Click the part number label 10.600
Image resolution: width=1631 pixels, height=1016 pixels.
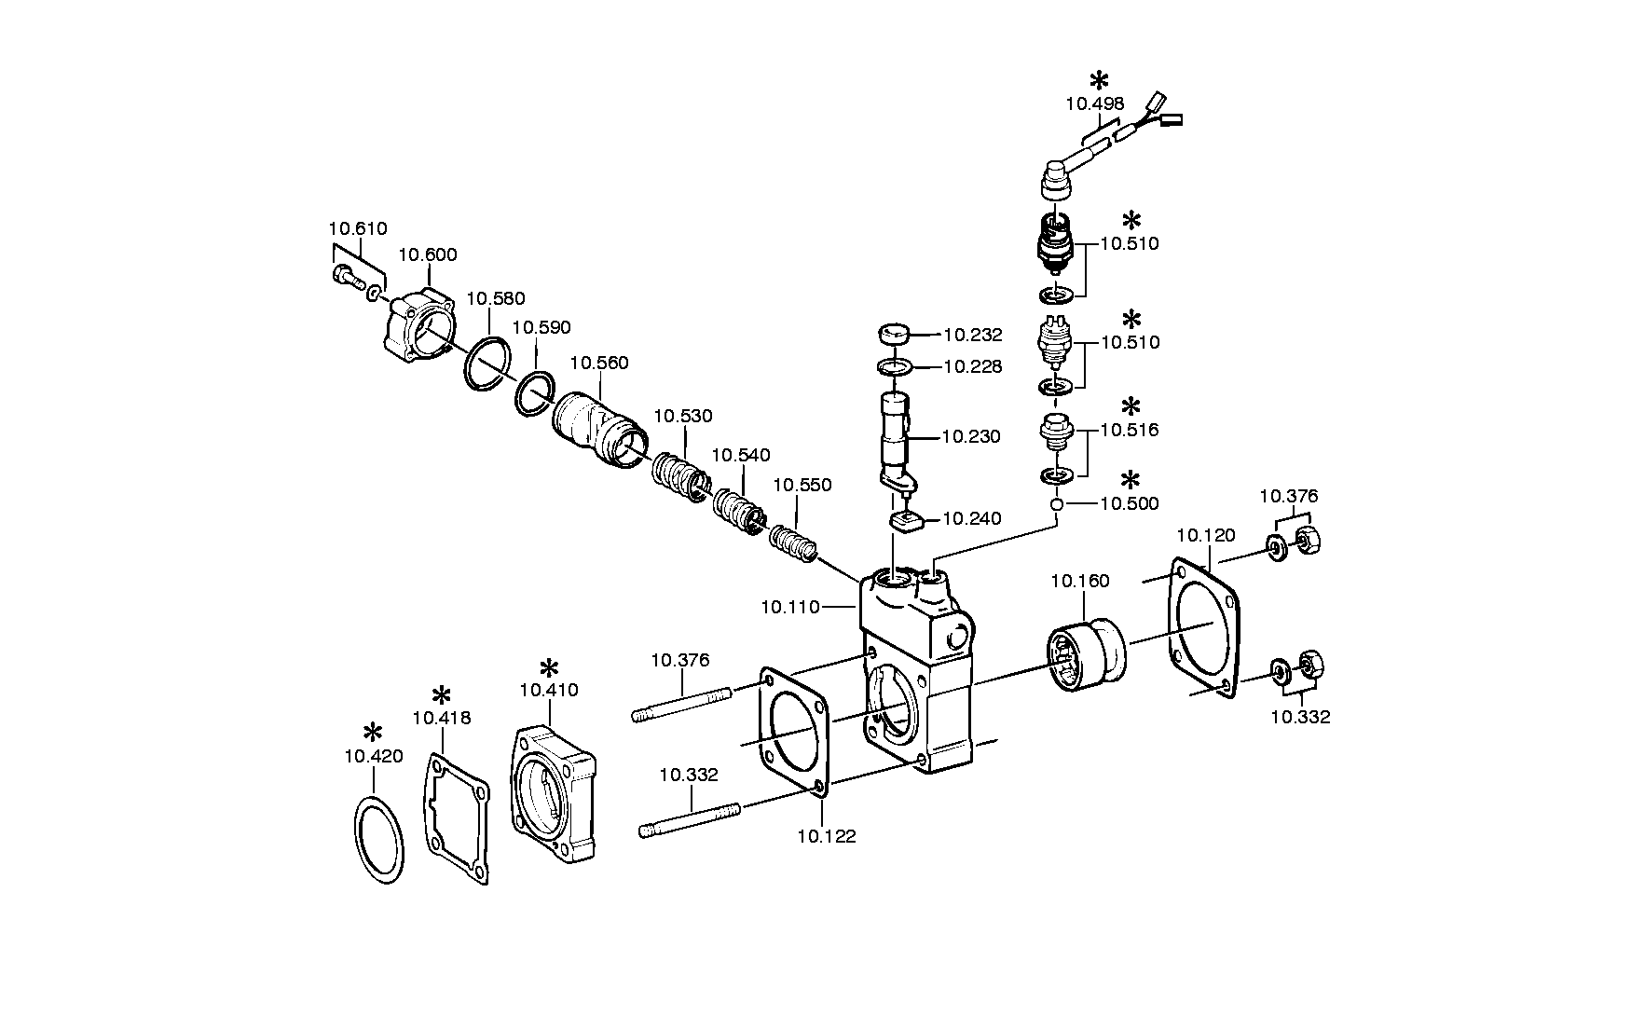point(428,255)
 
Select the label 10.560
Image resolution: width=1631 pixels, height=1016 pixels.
point(599,364)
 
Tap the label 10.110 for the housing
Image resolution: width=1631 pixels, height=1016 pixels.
point(790,608)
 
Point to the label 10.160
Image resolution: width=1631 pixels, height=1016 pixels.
point(1080,582)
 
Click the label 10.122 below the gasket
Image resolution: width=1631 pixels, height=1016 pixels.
point(827,837)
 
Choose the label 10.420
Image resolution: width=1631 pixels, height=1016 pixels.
point(374,757)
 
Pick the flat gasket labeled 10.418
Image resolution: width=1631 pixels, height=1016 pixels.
point(459,817)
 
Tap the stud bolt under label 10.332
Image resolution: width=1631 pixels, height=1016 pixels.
point(690,819)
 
